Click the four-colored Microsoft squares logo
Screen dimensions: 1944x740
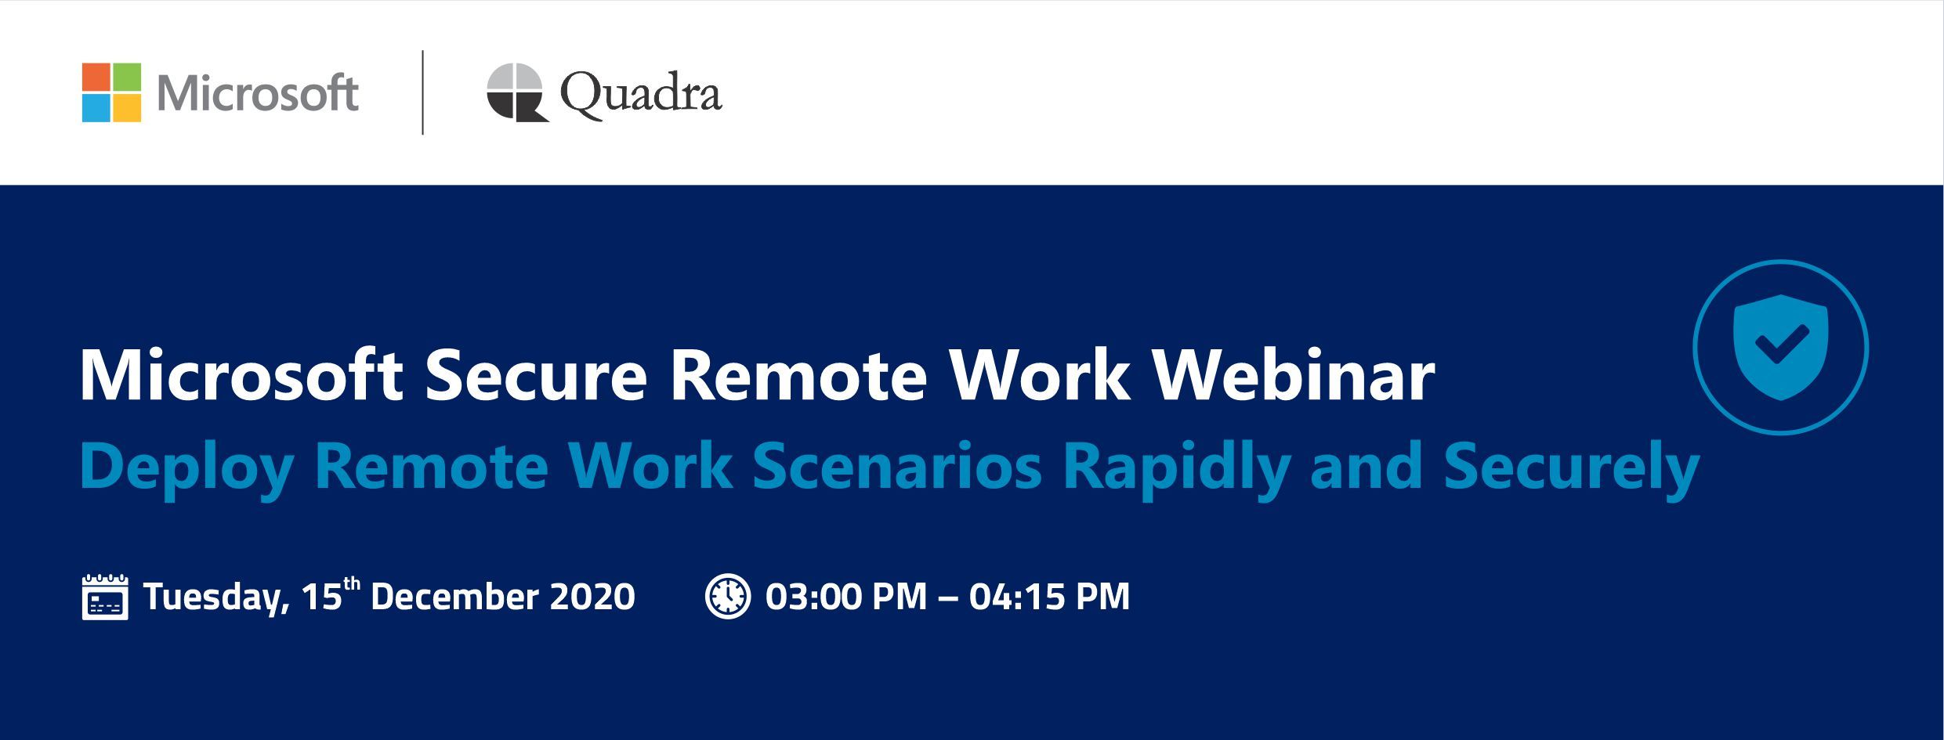click(111, 92)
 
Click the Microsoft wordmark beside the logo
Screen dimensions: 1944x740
click(258, 94)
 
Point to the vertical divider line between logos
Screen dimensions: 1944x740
click(423, 92)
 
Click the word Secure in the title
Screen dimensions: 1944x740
click(537, 377)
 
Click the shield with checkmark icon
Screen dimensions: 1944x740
click(1780, 347)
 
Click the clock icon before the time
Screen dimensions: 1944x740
click(728, 597)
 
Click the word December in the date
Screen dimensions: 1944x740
click(454, 597)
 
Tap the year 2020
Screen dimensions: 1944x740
click(592, 597)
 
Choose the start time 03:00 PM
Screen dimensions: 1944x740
click(846, 597)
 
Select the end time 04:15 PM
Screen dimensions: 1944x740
click(1050, 597)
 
